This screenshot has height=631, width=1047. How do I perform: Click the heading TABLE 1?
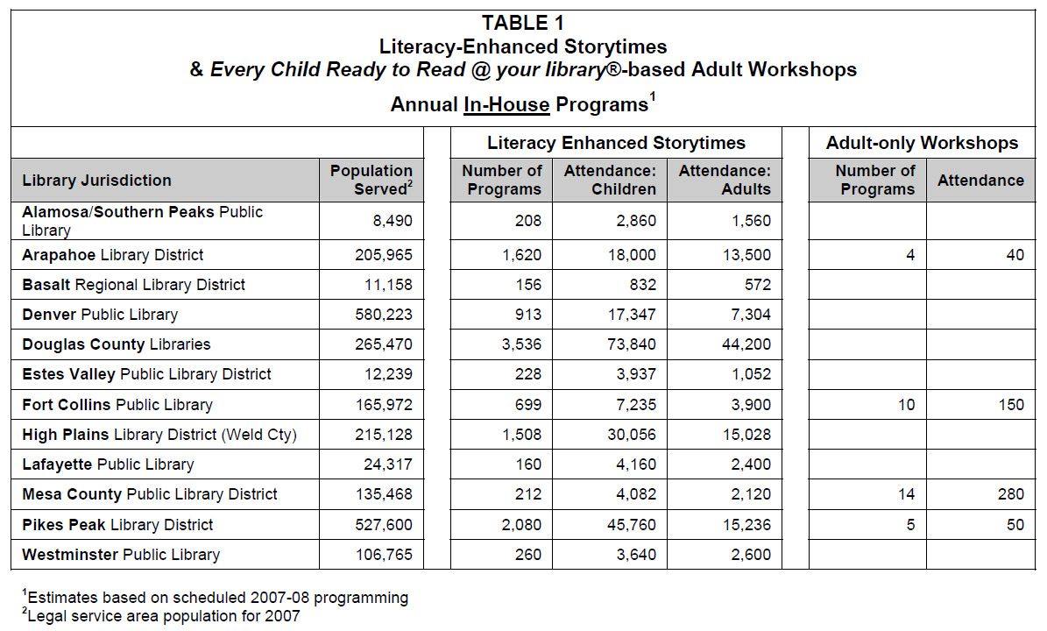tap(523, 24)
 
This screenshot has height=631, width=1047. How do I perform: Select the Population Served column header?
tap(371, 180)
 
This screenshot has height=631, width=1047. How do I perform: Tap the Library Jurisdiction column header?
tap(97, 181)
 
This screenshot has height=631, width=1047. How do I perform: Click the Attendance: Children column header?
tap(610, 180)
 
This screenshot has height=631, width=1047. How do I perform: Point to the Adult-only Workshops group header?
tap(922, 143)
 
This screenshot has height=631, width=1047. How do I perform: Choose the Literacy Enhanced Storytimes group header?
tap(616, 143)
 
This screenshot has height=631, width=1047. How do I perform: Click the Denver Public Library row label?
tap(100, 315)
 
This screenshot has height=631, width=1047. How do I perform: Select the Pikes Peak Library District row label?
tap(117, 525)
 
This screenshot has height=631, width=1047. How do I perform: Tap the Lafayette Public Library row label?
tap(108, 464)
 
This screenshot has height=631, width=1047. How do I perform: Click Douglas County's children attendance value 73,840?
tap(632, 344)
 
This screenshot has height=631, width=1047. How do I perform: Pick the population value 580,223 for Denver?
tap(384, 315)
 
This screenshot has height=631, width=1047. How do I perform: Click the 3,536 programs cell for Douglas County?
tap(521, 344)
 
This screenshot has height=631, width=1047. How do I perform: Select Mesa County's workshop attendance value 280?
tap(1011, 494)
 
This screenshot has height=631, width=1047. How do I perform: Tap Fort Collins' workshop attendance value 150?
tap(1011, 405)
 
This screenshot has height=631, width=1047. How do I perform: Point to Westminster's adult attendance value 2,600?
tap(751, 554)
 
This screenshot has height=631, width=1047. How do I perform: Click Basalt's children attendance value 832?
tap(642, 285)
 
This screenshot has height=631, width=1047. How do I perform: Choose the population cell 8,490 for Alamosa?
tap(393, 220)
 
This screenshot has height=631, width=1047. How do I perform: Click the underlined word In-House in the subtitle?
tap(506, 105)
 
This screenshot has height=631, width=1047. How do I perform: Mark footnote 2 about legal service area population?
tap(161, 615)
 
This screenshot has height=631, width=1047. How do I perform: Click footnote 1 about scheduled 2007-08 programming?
tap(215, 597)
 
